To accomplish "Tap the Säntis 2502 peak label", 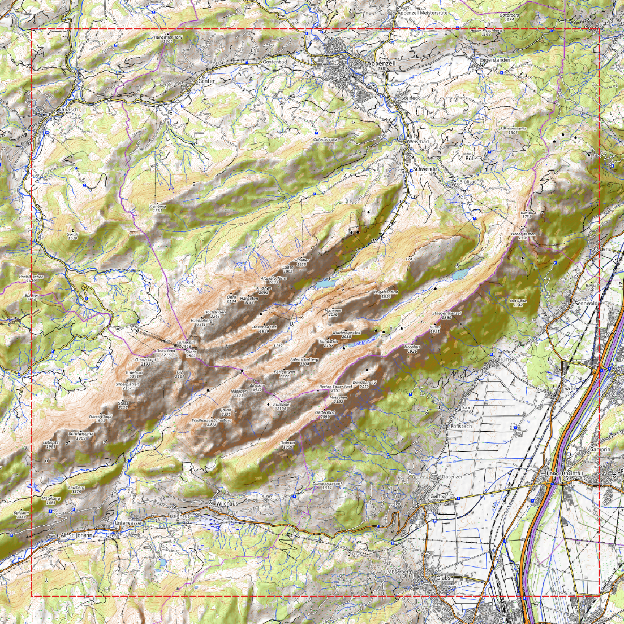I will (191, 353).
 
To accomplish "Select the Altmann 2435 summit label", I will (257, 387).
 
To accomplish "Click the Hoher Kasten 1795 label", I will (523, 236).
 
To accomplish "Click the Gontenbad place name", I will (275, 62).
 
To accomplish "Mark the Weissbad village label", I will (418, 142).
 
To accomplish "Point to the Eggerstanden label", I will (495, 60).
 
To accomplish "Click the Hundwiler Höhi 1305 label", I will (168, 39).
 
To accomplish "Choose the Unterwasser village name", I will (128, 523).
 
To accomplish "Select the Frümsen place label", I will (507, 359).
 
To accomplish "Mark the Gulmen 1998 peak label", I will (288, 445).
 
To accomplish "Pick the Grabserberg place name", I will (398, 571).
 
